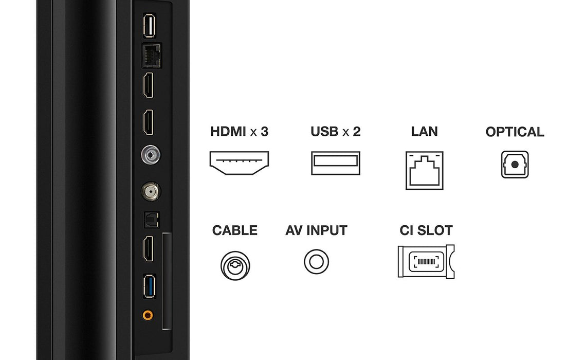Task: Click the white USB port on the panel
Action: tap(149, 26)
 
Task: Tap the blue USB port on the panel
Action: tap(149, 287)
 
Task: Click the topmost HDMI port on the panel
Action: tap(149, 85)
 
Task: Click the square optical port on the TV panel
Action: tap(151, 220)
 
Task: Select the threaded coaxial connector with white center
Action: tap(150, 192)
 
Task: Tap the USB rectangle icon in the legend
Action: tap(335, 164)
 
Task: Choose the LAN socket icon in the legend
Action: tap(424, 170)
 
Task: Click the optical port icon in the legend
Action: tap(515, 165)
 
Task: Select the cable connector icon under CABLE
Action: tap(235, 265)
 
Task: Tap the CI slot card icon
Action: tap(426, 261)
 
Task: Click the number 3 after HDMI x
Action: tap(264, 132)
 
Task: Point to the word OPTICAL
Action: tap(515, 132)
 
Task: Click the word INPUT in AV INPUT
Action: tap(327, 230)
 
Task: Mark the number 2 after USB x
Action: tap(356, 132)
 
